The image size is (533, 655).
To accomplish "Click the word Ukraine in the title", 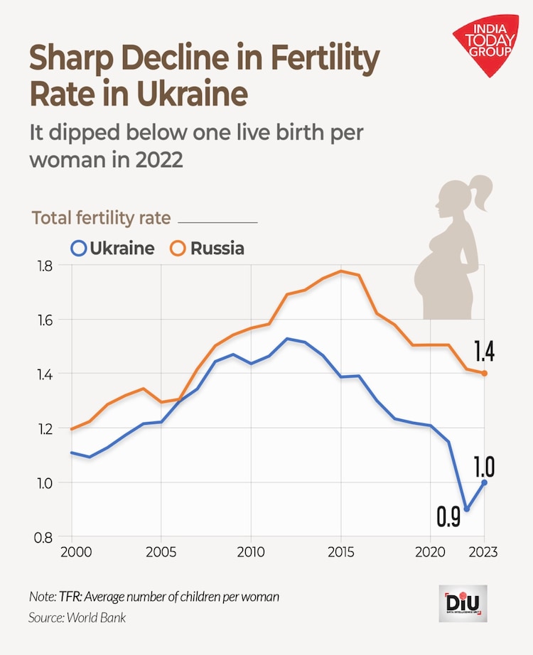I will tap(194, 92).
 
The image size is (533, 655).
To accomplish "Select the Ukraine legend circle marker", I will tap(78, 249).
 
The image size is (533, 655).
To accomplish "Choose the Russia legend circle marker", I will tap(178, 249).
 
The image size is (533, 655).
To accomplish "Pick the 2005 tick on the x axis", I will tap(161, 552).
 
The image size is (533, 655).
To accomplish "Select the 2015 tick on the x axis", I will tap(340, 552).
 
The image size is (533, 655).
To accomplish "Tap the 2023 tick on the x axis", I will tap(485, 552).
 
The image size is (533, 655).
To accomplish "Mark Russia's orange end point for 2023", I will tap(485, 373).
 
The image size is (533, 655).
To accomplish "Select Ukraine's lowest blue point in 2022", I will tap(466, 509).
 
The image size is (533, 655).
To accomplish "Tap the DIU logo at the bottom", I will tap(463, 604).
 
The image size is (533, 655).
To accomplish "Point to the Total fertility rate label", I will tap(101, 218).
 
